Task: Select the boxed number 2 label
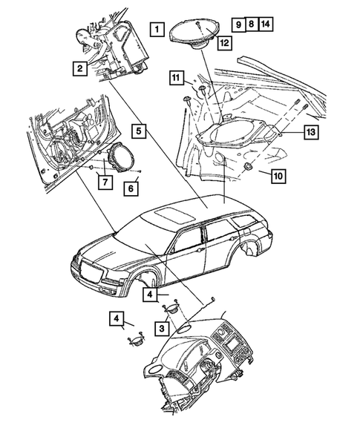pyautogui.click(x=79, y=70)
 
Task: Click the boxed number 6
pyautogui.click(x=130, y=188)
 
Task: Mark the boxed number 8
pyautogui.click(x=252, y=24)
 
